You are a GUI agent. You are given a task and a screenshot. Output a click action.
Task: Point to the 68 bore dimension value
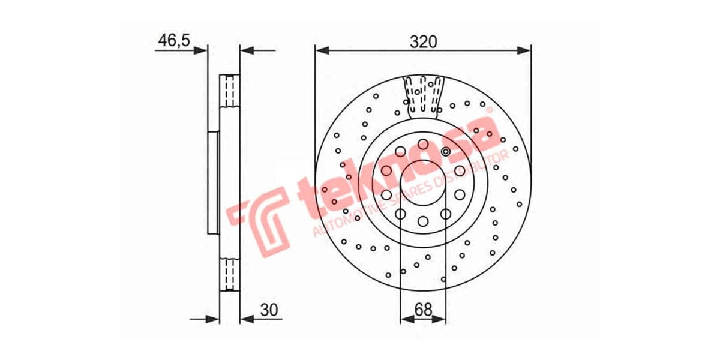tap(424, 310)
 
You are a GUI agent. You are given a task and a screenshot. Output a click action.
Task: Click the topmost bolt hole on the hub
tap(424, 144)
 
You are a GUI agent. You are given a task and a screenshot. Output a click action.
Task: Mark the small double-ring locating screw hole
tap(445, 152)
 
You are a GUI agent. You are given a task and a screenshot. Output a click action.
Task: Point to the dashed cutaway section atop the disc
tap(424, 94)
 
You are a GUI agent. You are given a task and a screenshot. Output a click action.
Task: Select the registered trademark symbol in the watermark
tap(488, 111)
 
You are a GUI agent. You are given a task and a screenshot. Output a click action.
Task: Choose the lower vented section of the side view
tap(229, 274)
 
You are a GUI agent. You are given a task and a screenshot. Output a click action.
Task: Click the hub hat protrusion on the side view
tap(213, 182)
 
